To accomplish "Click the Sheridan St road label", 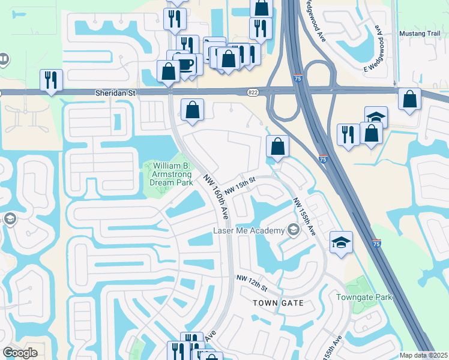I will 116,93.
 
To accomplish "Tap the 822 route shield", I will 253,92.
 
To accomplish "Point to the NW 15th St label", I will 241,181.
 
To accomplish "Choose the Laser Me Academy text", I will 248,231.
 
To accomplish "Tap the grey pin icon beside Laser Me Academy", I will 293,230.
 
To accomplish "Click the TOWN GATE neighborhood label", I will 278,303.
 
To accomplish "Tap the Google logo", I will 20,352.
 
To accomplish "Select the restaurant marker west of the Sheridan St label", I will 51,80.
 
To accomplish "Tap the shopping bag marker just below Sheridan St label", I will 192,110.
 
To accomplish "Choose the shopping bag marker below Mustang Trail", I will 409,100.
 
